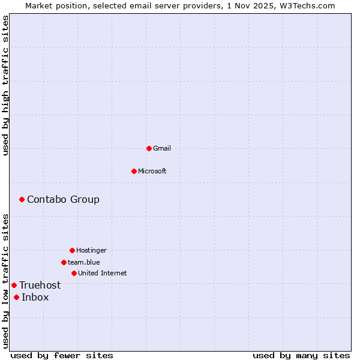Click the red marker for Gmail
pyautogui.click(x=149, y=148)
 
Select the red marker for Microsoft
pyautogui.click(x=134, y=171)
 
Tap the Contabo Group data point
pyautogui.click(x=22, y=199)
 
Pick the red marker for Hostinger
pyautogui.click(x=72, y=250)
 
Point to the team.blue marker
pyautogui.click(x=64, y=262)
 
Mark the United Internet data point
pyautogui.click(x=74, y=273)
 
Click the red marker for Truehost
pyautogui.click(x=14, y=285)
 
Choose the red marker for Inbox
pyautogui.click(x=16, y=297)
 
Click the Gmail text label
pyautogui.click(x=162, y=148)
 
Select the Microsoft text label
pyautogui.click(x=152, y=171)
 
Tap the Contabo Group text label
pyautogui.click(x=63, y=199)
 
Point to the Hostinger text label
pyautogui.click(x=91, y=250)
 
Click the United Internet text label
pyautogui.click(x=103, y=273)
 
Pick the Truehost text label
pyautogui.click(x=40, y=285)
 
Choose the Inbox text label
pyautogui.click(x=35, y=297)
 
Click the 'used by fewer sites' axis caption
pyautogui.click(x=62, y=355)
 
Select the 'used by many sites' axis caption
pyautogui.click(x=301, y=355)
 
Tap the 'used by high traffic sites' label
pyautogui.click(x=5, y=85)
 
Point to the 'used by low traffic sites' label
pyautogui.click(x=5, y=281)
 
